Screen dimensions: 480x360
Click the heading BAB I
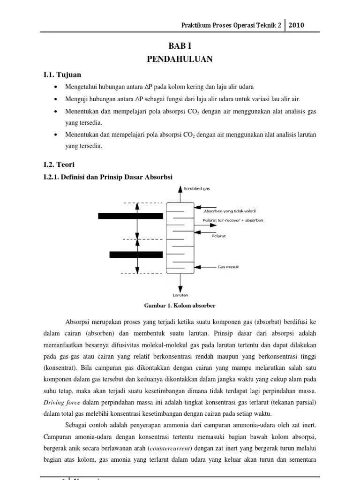point(180,45)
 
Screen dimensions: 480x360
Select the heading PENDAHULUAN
point(180,59)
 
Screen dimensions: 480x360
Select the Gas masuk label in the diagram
point(228,267)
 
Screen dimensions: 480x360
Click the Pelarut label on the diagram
point(218,236)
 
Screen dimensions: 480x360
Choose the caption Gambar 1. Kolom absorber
point(180,306)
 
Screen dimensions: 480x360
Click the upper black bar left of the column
point(130,216)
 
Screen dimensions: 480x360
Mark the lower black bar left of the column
point(136,255)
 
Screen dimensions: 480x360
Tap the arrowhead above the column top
point(180,189)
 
